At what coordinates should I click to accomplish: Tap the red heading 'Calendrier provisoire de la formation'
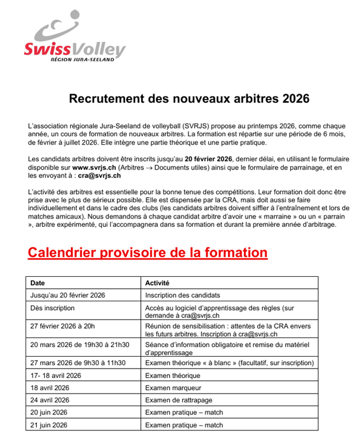pos(148,252)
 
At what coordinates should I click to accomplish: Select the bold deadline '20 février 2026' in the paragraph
pos(208,159)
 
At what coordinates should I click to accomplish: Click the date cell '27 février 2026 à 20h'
pos(62,326)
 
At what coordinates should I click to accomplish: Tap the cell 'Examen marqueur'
pos(173,388)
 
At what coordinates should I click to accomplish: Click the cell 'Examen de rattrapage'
pos(179,400)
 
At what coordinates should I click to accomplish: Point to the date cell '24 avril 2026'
pos(50,400)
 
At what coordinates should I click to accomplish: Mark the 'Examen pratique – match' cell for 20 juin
pos(184,413)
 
